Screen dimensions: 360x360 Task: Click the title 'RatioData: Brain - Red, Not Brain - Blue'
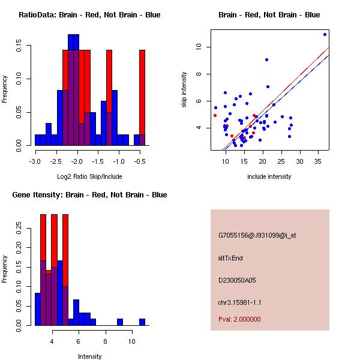pos(89,15)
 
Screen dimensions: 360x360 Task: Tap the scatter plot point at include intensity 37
pos(325,34)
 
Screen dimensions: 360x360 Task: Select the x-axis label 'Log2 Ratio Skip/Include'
pos(89,176)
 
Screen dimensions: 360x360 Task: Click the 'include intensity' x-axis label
pos(269,176)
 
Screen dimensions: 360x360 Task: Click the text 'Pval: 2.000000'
pos(239,319)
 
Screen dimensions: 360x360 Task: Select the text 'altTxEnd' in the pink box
pos(230,258)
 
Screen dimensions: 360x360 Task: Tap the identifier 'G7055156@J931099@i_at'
pos(257,235)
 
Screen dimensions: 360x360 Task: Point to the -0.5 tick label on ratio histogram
pos(140,161)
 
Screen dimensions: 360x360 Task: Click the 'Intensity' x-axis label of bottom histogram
pos(89,356)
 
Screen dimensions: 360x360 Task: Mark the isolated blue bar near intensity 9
pos(120,322)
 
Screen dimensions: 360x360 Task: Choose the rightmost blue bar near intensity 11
pos(142,322)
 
